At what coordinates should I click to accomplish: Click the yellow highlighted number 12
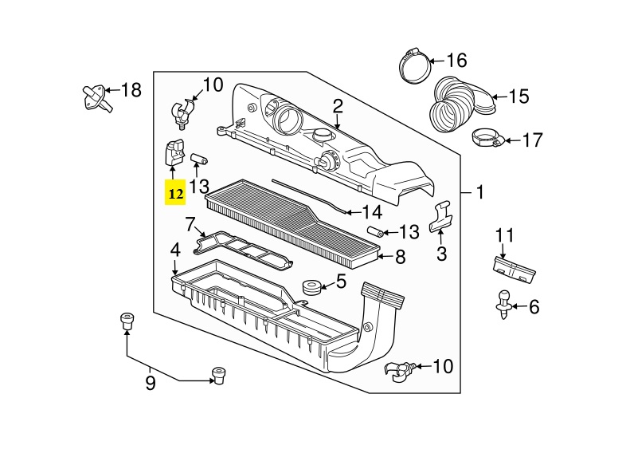pyautogui.click(x=175, y=194)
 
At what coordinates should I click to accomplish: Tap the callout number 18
pyautogui.click(x=131, y=89)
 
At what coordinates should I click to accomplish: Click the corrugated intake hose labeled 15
pyautogui.click(x=460, y=104)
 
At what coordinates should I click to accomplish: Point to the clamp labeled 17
pyautogui.click(x=487, y=138)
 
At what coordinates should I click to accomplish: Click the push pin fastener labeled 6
pyautogui.click(x=503, y=305)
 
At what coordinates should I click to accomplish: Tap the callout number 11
pyautogui.click(x=504, y=235)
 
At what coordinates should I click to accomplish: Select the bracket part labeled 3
pyautogui.click(x=440, y=216)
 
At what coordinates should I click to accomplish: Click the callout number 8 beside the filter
pyautogui.click(x=400, y=257)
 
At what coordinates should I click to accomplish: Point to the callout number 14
pyautogui.click(x=372, y=212)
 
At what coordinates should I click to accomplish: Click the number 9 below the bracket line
pyautogui.click(x=151, y=383)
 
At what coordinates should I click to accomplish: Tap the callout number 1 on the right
pyautogui.click(x=480, y=192)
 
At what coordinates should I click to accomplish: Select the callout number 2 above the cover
pyautogui.click(x=338, y=106)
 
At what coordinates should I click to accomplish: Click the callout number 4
pyautogui.click(x=175, y=250)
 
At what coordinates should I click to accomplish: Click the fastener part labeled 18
pyautogui.click(x=97, y=98)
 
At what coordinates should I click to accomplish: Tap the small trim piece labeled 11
pyautogui.click(x=514, y=269)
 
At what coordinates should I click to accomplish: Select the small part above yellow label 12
pyautogui.click(x=174, y=152)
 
